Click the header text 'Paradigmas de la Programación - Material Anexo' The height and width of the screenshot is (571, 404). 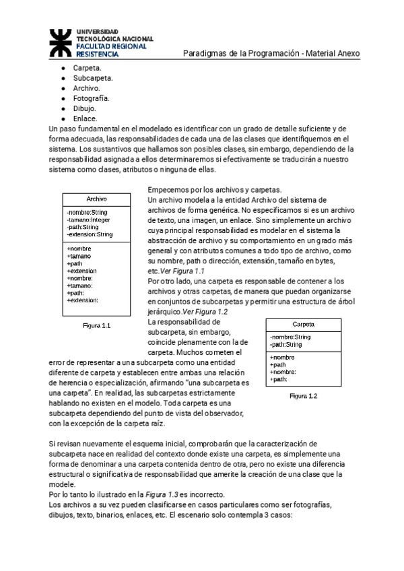271,53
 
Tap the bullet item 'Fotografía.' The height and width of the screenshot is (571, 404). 91,98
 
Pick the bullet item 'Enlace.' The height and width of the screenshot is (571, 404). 86,119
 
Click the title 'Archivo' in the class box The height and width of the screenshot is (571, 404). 97,199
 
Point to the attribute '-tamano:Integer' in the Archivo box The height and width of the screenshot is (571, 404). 90,220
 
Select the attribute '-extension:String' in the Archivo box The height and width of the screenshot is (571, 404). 90,234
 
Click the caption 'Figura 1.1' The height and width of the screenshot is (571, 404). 96,325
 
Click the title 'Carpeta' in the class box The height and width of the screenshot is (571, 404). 304,325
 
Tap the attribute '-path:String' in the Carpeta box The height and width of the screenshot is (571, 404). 285,345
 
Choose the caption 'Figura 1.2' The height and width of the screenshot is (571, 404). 303,396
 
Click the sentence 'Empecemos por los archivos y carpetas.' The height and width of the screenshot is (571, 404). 215,190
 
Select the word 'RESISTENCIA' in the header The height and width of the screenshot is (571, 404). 96,53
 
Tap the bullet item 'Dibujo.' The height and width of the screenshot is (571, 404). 85,108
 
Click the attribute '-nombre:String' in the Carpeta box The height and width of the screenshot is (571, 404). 290,337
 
